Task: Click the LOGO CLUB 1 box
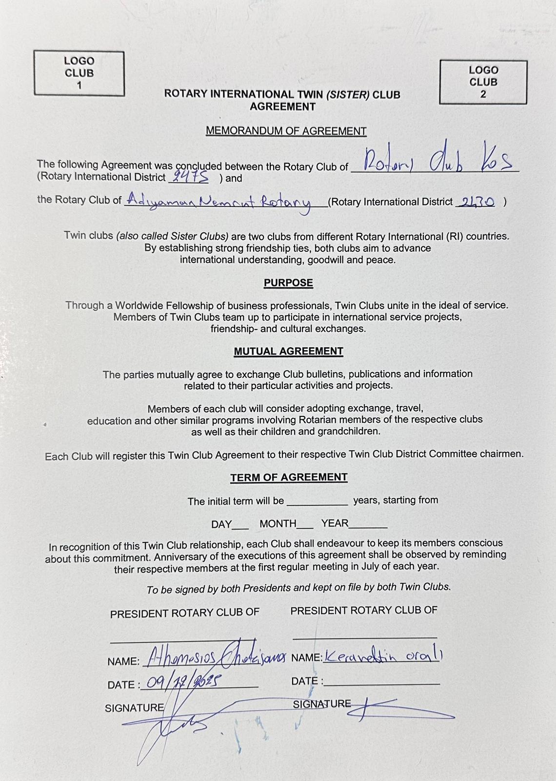(79, 73)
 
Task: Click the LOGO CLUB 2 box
(483, 82)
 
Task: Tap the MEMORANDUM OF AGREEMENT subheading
(286, 131)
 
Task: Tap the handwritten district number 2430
(476, 202)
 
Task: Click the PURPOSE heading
(288, 283)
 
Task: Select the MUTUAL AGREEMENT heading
(288, 351)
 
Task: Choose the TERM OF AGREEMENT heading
(289, 477)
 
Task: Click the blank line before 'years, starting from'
(318, 503)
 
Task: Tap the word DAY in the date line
(221, 525)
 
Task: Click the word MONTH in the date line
(278, 524)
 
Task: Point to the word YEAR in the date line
(335, 523)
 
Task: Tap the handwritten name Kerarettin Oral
(382, 657)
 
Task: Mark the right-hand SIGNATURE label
(322, 704)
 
